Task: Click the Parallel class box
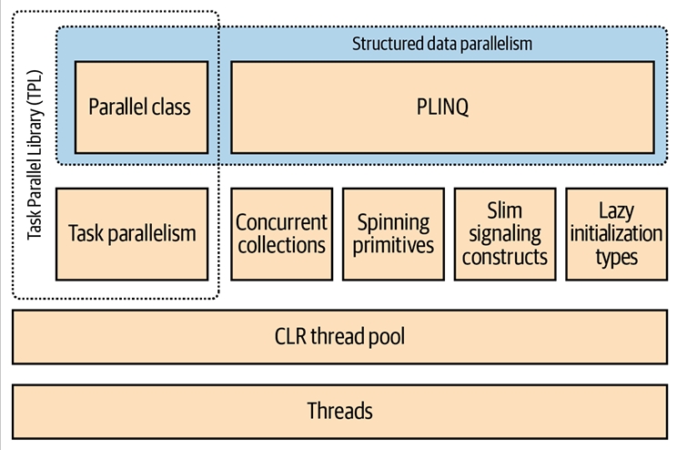point(139,107)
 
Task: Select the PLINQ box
point(442,107)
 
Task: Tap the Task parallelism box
point(132,234)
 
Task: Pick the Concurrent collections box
point(281,234)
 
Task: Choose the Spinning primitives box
point(394,234)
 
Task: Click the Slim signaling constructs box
point(505,234)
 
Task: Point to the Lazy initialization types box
point(616,234)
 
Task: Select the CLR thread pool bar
point(338,337)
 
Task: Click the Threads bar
point(338,411)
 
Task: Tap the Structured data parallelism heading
point(441,43)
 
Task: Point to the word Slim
point(505,211)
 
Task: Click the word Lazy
point(616,211)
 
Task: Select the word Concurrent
point(281,222)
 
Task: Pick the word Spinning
point(394,222)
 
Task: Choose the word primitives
point(394,245)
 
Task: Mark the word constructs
point(505,257)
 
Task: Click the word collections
point(281,245)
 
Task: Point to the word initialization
point(616,234)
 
